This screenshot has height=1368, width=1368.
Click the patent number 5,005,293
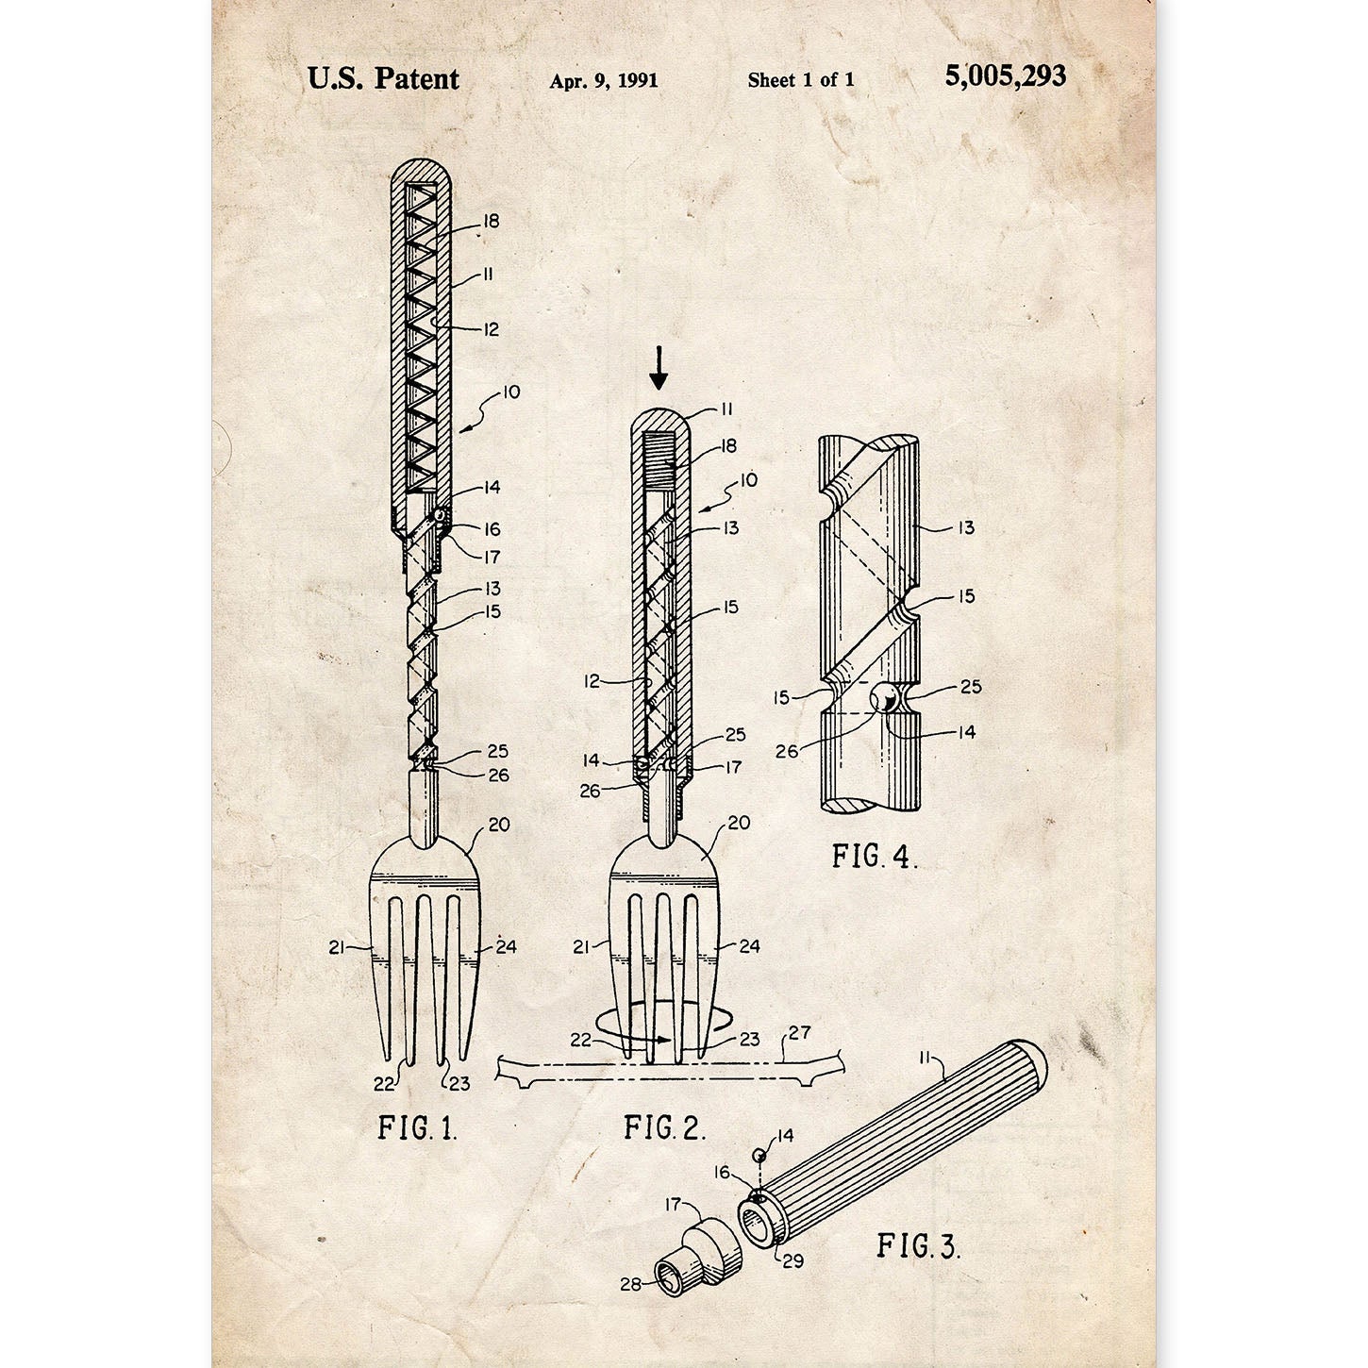point(1005,76)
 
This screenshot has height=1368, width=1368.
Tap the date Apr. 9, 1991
point(604,81)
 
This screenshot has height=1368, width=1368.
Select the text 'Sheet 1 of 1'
point(801,80)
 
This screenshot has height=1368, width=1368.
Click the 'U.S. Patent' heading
point(383,78)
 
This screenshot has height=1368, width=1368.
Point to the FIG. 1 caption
point(417,1127)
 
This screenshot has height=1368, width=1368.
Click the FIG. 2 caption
point(664,1127)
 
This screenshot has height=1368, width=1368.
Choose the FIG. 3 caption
point(919,1245)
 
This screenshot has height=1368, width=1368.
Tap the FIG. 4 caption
point(875,857)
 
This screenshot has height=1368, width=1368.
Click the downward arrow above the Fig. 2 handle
point(659,368)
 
